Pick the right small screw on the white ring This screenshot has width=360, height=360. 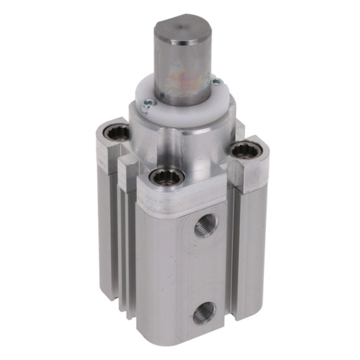(x=217, y=82)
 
